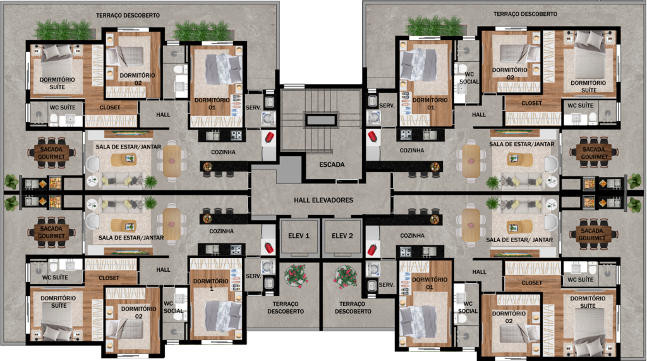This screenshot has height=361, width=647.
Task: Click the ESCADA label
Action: pos(332,164)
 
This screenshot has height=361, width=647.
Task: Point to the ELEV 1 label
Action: pos(299,236)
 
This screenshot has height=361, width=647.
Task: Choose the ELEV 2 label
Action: pos(342,236)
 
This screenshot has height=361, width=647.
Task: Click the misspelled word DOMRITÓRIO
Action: pos(58,298)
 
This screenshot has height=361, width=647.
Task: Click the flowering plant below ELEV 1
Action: pos(296,275)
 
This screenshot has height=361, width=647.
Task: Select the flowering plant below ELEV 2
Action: pos(346,276)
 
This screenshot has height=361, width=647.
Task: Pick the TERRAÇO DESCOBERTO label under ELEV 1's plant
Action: pos(286,308)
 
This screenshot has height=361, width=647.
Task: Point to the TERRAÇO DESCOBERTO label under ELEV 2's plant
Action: pos(353,308)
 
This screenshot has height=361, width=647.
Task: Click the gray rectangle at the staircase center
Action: pos(320,120)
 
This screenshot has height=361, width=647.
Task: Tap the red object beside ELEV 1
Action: pos(269,248)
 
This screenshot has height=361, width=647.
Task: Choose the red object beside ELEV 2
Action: pos(372,250)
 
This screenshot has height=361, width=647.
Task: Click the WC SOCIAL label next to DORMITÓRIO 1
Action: pos(173,307)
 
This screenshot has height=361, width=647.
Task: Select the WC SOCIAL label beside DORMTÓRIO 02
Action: pos(468,307)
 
